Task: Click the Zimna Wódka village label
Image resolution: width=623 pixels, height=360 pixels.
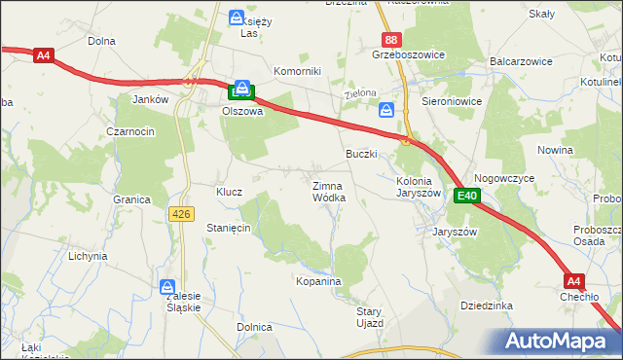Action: point(328,191)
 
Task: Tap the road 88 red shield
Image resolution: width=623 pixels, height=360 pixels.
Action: point(390,40)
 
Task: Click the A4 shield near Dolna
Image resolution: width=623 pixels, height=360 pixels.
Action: point(42,55)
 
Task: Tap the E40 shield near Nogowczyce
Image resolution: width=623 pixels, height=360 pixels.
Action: point(468,196)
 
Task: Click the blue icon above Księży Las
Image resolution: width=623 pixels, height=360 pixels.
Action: point(237,17)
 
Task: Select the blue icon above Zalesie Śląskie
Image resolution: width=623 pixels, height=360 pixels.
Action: point(167,287)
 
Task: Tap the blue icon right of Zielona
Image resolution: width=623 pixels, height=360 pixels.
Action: point(386,110)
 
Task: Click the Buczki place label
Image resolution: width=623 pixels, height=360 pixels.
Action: point(361,154)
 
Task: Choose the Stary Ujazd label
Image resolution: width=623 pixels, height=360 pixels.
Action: point(369,316)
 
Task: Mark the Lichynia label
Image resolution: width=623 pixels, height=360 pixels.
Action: point(87,256)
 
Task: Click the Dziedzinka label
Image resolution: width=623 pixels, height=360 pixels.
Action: point(486,305)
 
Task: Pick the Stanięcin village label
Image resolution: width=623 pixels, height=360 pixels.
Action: point(229,227)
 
